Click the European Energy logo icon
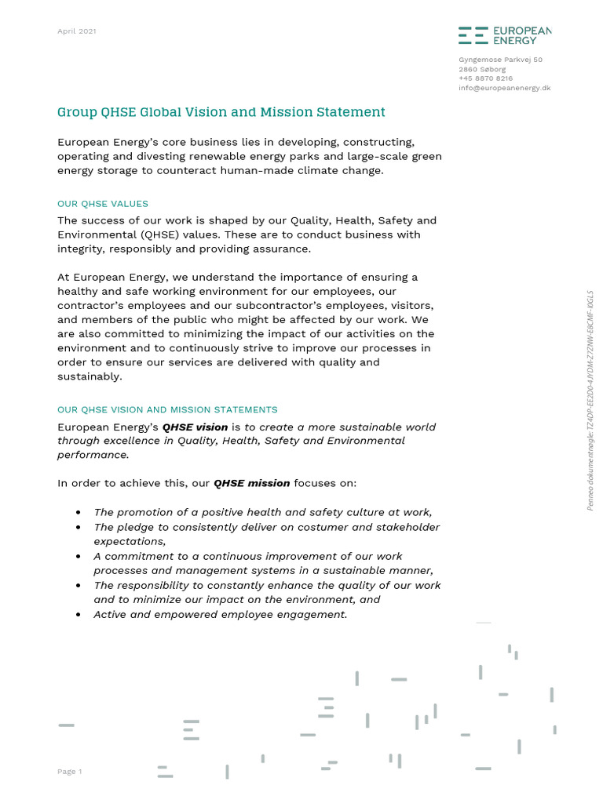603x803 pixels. tap(472, 35)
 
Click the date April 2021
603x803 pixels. tap(77, 31)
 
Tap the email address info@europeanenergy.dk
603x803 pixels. tap(504, 88)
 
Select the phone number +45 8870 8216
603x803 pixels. tap(485, 78)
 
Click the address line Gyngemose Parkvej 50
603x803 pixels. tap(500, 60)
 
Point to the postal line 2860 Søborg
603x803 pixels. tap(482, 69)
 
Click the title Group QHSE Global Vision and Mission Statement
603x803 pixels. tap(221, 112)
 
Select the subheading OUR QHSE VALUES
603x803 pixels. tap(103, 204)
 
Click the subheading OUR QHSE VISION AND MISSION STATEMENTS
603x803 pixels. tap(167, 410)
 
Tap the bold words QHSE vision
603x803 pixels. tap(195, 427)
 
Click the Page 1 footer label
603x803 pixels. tap(70, 772)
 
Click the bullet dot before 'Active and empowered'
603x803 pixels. tap(78, 615)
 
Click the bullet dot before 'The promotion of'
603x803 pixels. tap(78, 512)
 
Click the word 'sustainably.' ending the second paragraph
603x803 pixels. tap(90, 376)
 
